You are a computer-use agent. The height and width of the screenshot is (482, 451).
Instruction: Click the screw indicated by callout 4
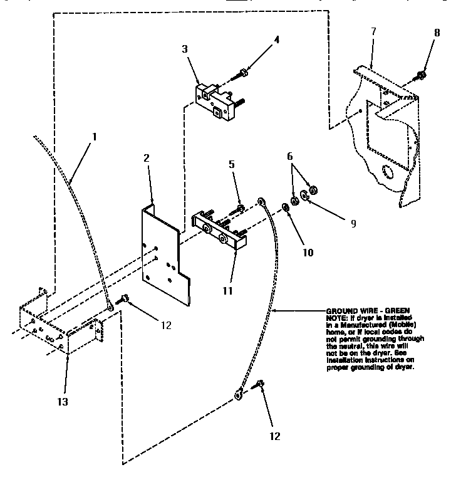click(241, 75)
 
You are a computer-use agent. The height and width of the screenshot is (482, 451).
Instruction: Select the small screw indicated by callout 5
click(240, 207)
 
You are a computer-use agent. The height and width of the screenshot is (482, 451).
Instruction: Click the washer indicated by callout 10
click(286, 207)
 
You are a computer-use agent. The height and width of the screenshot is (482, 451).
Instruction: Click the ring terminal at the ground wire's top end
click(261, 202)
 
